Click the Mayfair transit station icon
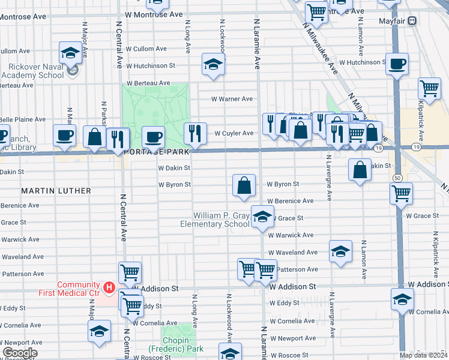coord(412,21)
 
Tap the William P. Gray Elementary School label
coord(215,220)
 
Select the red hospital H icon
coord(109,289)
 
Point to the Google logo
coord(20,353)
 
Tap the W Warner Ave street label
coord(232,99)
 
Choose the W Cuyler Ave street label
coord(234,133)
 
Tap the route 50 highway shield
coord(398,178)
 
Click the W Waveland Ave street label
coord(293,253)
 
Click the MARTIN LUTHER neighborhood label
coord(56,191)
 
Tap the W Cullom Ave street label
coord(146,49)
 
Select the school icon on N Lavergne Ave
coord(340,251)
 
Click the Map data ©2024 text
coord(423,355)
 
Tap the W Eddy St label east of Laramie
coord(285,303)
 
